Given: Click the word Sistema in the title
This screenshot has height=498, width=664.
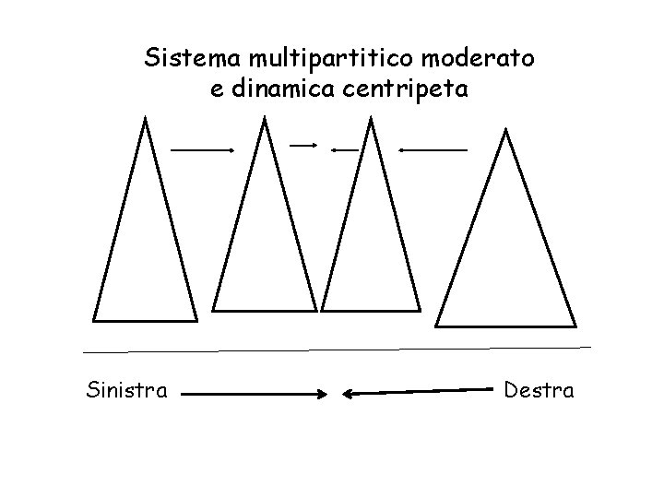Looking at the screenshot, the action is pyautogui.click(x=190, y=59).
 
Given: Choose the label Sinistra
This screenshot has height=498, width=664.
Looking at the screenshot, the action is pyautogui.click(x=126, y=391).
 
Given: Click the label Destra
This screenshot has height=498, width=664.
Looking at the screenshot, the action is pyautogui.click(x=539, y=391).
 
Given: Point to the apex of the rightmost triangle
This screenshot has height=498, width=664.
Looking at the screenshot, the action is pyautogui.click(x=504, y=131).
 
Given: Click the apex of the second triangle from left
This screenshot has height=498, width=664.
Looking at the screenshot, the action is pyautogui.click(x=266, y=119).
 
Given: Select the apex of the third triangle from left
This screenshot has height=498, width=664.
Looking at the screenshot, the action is pyautogui.click(x=370, y=119).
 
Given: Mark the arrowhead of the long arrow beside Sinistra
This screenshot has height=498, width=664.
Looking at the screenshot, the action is pyautogui.click(x=323, y=395).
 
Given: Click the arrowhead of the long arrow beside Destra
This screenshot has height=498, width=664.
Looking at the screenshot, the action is pyautogui.click(x=348, y=394).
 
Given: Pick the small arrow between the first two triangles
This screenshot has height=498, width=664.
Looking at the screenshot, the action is pyautogui.click(x=203, y=148).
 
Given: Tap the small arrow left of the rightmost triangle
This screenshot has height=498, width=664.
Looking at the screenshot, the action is pyautogui.click(x=433, y=148).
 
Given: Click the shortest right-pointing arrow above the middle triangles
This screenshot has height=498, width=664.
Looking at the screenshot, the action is pyautogui.click(x=304, y=145).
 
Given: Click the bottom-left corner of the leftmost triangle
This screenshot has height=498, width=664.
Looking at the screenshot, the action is pyautogui.click(x=94, y=320).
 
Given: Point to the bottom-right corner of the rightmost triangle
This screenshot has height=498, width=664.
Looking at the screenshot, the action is pyautogui.click(x=575, y=326).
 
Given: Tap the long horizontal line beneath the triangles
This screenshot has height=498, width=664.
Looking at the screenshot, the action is pyautogui.click(x=337, y=350).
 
